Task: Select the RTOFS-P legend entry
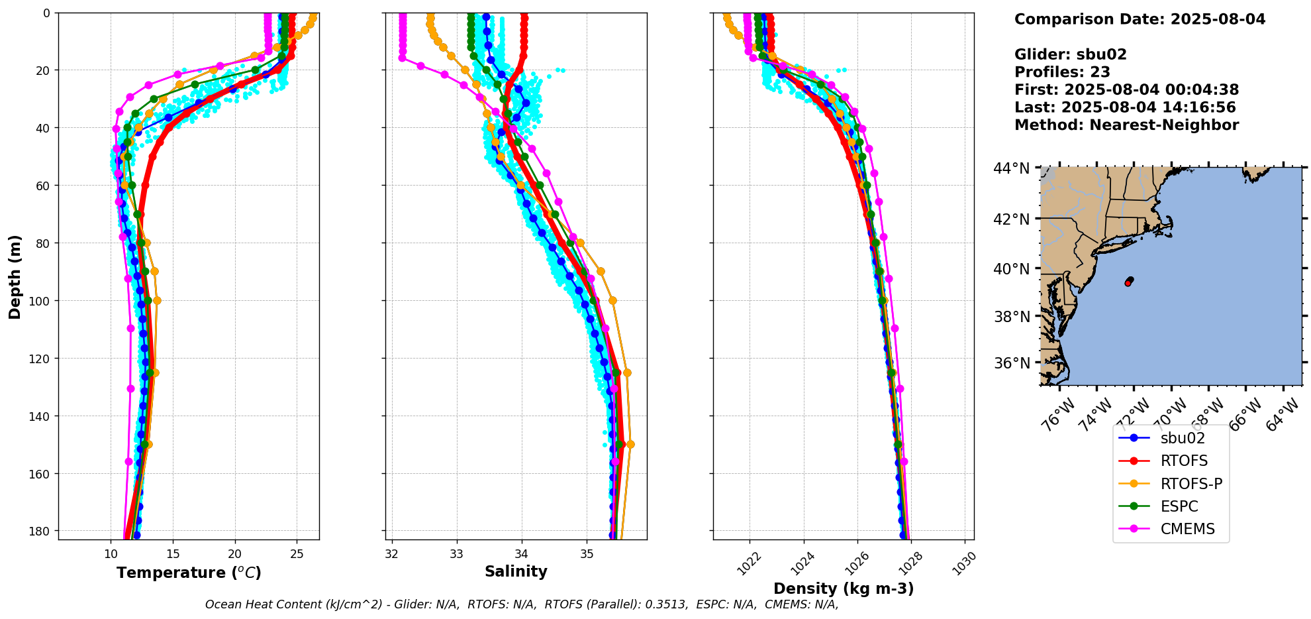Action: pos(1190,484)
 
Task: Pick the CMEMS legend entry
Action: pos(1187,529)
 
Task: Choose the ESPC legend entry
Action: pos(1179,506)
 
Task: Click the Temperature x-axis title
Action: pos(189,573)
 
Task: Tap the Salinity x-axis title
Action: pos(516,571)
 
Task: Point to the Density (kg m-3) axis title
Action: pos(843,589)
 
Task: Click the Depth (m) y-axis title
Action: pos(15,276)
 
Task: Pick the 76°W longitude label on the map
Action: pos(1057,418)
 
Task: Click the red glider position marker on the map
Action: pos(1128,283)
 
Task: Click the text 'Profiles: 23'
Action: pos(1062,72)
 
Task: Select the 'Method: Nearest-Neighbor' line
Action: pos(1126,125)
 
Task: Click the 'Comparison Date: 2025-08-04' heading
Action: pos(1140,19)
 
